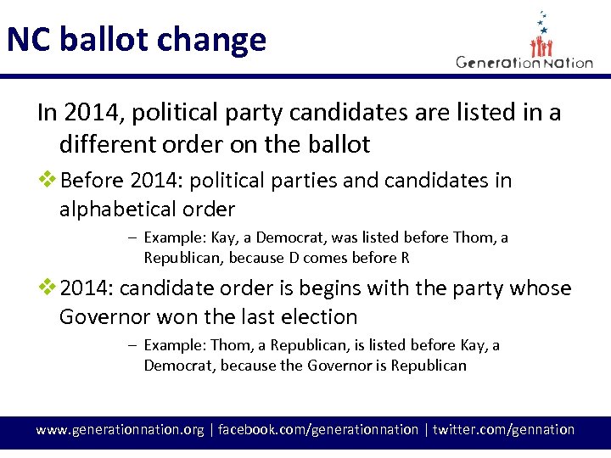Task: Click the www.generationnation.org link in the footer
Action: (119, 429)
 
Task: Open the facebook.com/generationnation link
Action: (318, 429)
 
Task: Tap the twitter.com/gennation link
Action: (503, 429)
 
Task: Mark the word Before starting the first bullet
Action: (93, 181)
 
